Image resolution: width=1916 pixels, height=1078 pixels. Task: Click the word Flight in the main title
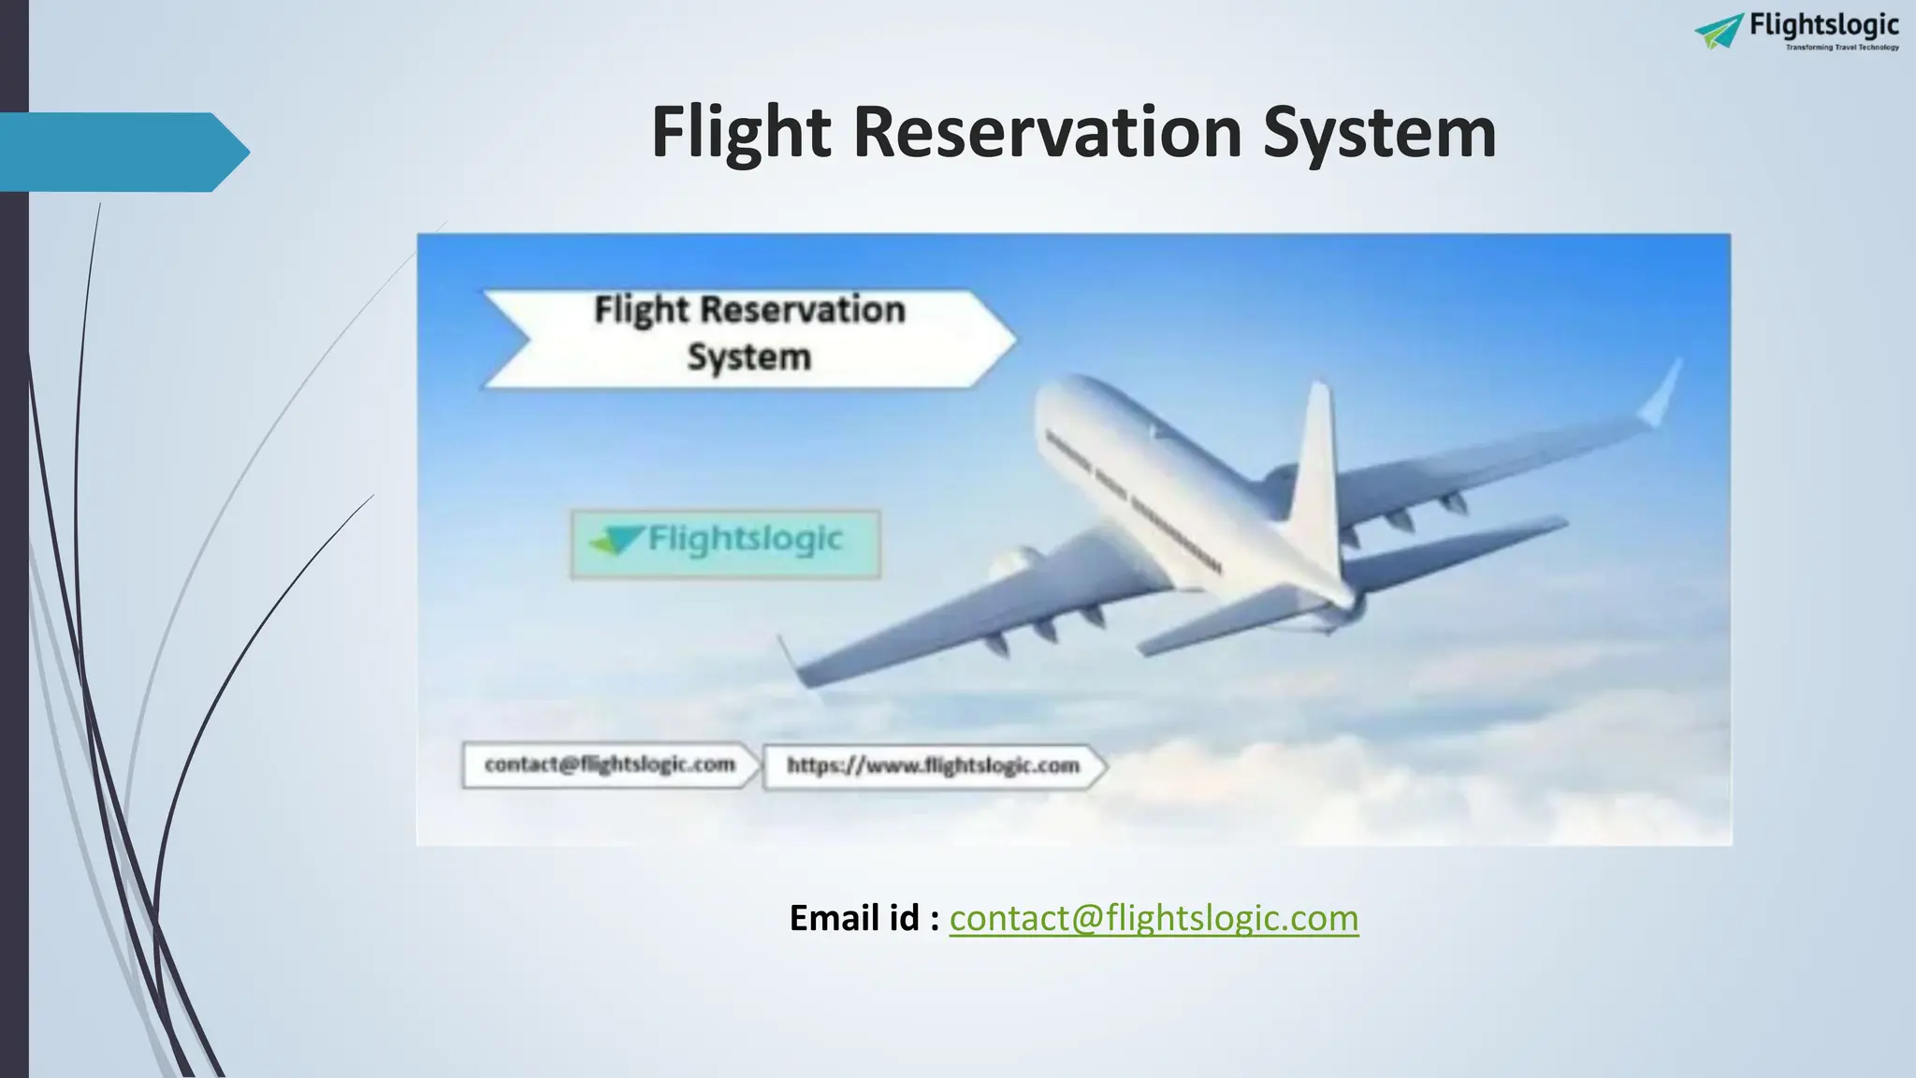click(x=740, y=133)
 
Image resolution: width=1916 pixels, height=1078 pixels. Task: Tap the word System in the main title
click(x=1379, y=133)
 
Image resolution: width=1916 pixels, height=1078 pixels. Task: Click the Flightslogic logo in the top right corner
click(x=1797, y=31)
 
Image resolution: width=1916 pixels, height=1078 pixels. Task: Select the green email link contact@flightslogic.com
click(x=1154, y=918)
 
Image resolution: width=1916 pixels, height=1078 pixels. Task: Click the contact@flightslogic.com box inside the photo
click(x=610, y=765)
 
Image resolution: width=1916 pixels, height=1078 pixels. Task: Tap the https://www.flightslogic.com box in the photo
click(x=933, y=766)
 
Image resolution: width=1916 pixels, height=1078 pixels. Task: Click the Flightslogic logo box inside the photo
click(x=725, y=543)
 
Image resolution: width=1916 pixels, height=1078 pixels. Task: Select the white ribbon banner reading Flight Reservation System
click(x=748, y=337)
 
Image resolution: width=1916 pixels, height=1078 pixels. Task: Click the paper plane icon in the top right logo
click(x=1720, y=31)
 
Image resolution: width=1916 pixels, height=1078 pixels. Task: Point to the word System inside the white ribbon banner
click(x=748, y=357)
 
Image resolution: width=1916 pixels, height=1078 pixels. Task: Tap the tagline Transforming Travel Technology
click(x=1842, y=47)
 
